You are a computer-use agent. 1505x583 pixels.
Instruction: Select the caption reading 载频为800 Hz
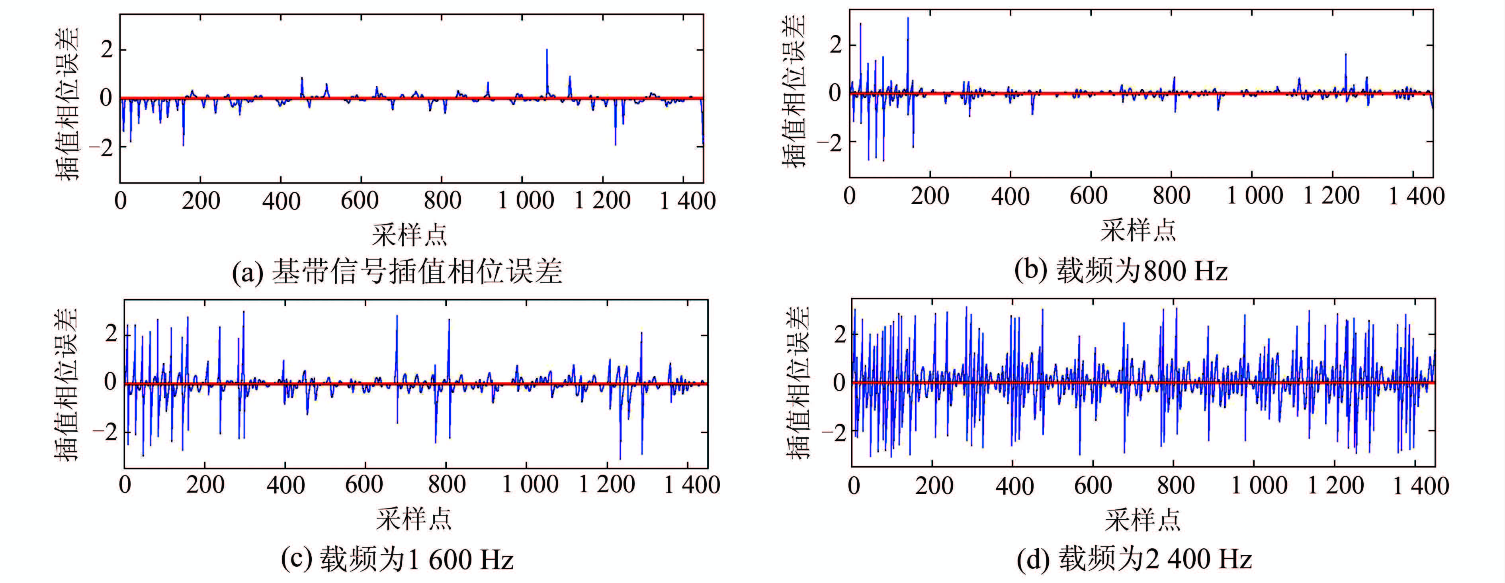click(1120, 270)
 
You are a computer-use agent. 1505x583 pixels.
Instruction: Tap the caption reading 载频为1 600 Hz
click(397, 559)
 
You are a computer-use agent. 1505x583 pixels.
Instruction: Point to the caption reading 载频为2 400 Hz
click(1134, 559)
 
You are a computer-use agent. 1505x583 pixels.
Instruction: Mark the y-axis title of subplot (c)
click(65, 384)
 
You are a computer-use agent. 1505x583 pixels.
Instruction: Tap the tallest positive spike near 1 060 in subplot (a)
click(547, 51)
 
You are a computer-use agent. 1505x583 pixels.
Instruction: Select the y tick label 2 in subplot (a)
click(106, 50)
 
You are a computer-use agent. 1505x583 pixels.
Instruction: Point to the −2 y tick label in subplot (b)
click(830, 141)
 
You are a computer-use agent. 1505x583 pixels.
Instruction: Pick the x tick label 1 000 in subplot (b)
click(1254, 196)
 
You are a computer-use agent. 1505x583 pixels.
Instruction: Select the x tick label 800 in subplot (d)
click(1175, 485)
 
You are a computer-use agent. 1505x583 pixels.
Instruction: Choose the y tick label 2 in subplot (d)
click(840, 334)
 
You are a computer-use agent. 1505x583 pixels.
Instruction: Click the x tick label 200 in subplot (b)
click(930, 196)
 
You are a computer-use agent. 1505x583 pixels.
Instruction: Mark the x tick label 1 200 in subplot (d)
click(1335, 485)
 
